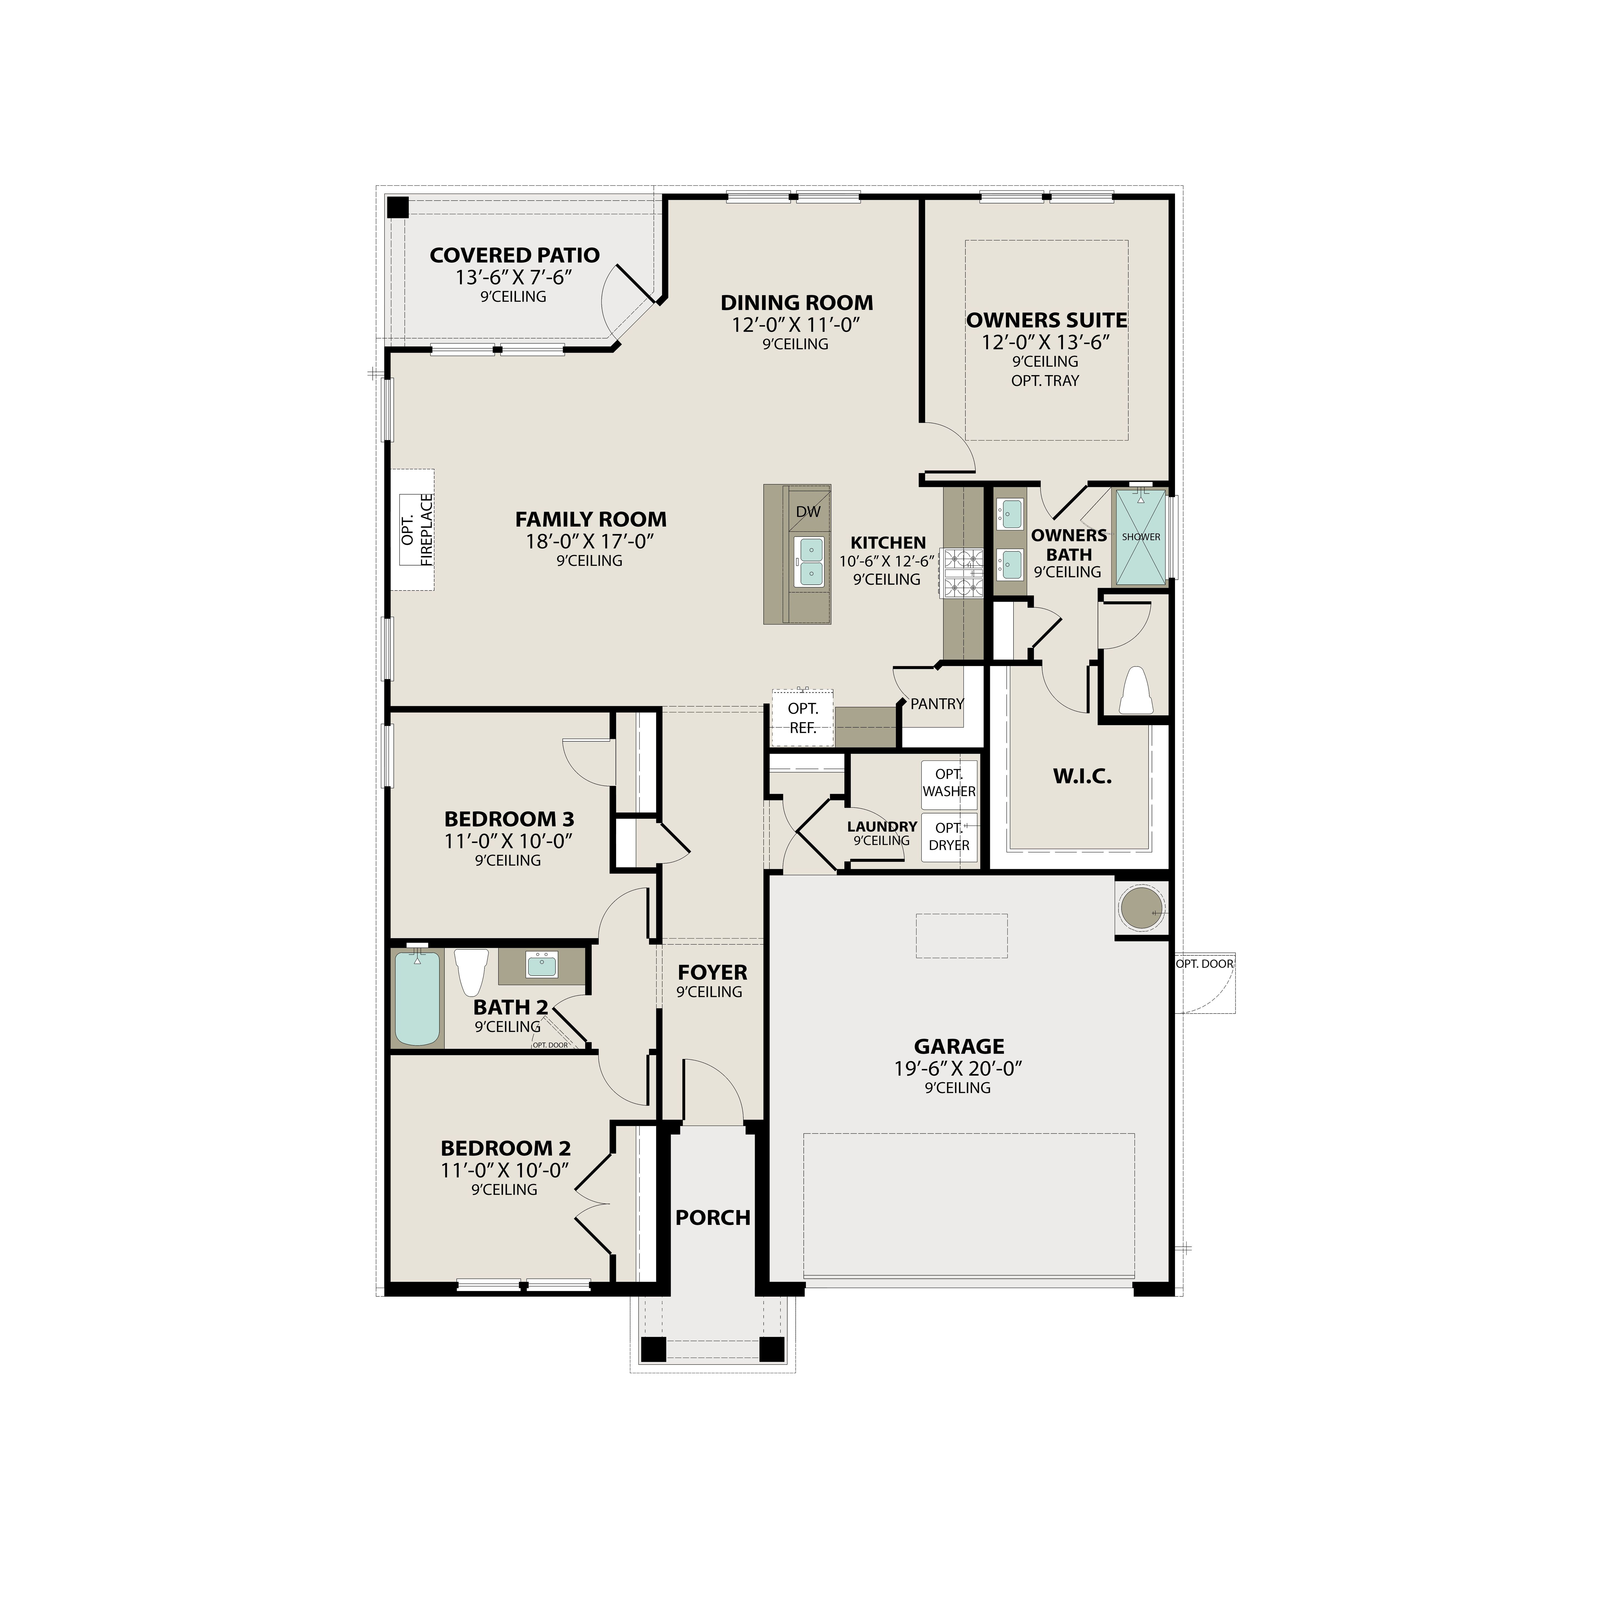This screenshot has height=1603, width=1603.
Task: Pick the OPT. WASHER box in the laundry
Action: [x=949, y=783]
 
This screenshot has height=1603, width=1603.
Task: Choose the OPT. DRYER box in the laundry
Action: [x=949, y=836]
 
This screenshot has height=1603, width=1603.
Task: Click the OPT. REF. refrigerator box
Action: [x=802, y=718]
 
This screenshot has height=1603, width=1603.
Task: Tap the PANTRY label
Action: [x=937, y=704]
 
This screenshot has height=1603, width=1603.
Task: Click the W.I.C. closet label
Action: [x=1082, y=777]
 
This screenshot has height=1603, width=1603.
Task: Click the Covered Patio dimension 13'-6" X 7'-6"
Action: [x=514, y=277]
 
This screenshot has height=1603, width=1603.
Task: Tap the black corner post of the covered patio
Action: [x=398, y=206]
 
